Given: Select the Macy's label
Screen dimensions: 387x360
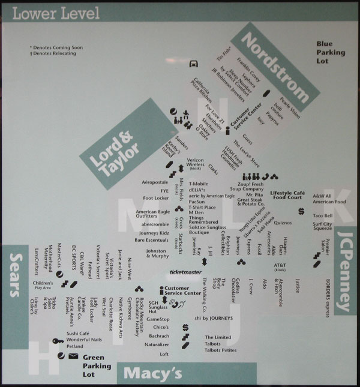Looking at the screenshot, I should coord(152,374).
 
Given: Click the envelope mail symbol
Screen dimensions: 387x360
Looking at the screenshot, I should coord(73,356).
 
